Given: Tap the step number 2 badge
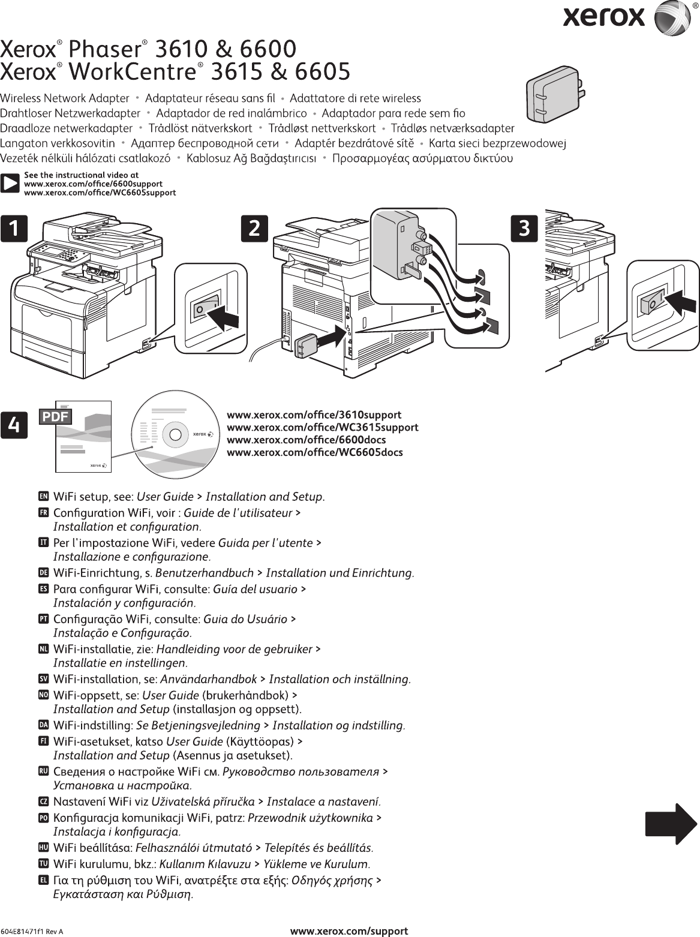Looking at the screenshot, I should (254, 229).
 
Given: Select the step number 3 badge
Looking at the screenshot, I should (524, 229).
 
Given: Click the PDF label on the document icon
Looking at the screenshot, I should (55, 416).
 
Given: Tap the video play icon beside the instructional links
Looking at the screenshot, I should (10, 184).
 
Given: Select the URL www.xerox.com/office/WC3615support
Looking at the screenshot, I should (322, 427).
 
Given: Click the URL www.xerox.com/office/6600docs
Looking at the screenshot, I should (306, 440).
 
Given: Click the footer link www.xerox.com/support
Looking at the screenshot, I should (349, 931).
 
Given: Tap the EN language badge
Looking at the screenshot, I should (43, 497).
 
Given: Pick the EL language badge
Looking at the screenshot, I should (43, 881).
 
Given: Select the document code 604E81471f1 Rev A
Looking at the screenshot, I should (31, 932).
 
